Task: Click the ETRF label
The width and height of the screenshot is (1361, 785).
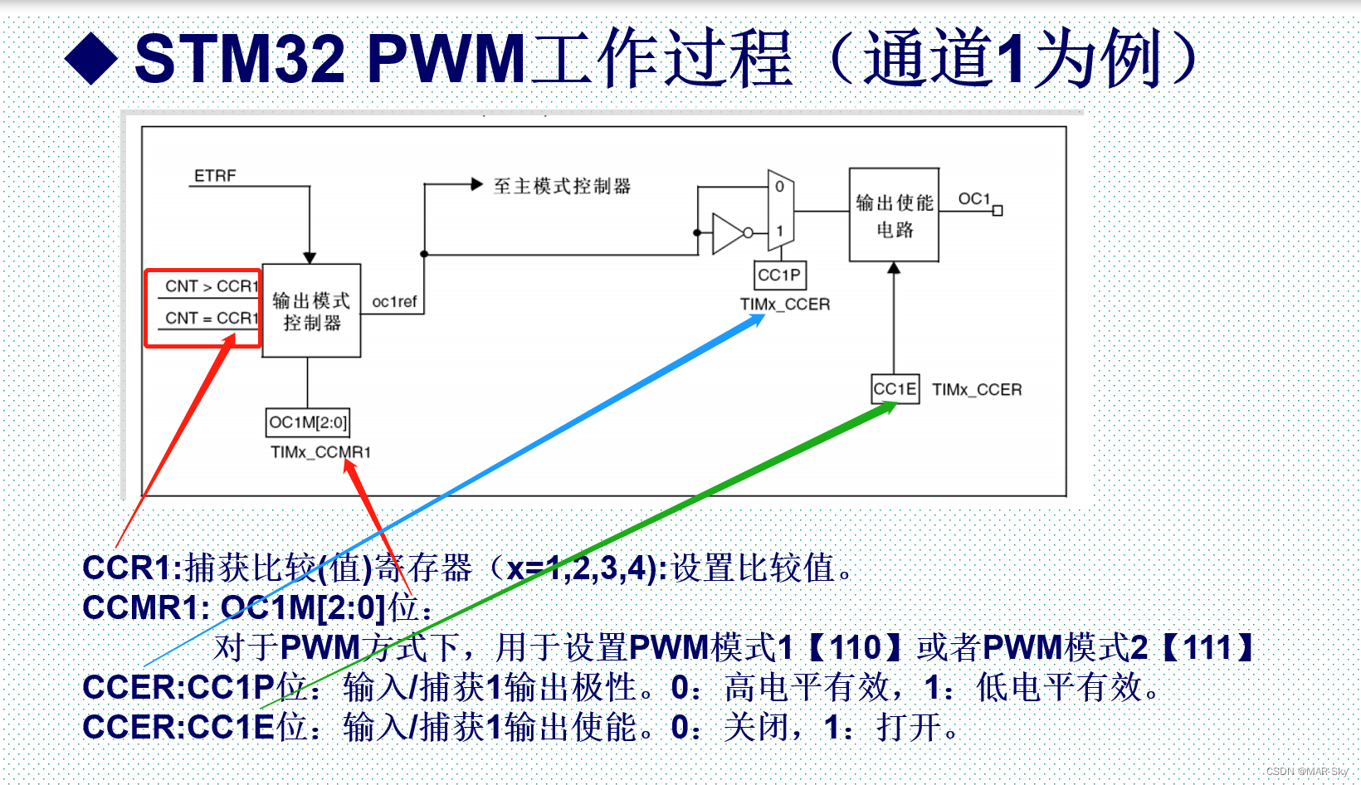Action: coord(215,176)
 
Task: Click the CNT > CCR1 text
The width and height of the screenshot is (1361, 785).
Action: coord(211,286)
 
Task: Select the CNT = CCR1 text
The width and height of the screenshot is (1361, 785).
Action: coord(211,318)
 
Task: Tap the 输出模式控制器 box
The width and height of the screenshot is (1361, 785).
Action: coord(311,311)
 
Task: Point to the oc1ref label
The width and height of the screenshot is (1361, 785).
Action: coord(394,302)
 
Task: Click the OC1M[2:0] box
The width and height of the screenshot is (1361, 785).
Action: coord(308,422)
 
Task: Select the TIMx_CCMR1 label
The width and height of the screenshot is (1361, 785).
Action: coord(320,452)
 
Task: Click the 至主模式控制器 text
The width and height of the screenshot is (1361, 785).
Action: coord(562,186)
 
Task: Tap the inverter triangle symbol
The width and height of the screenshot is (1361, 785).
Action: coord(728,233)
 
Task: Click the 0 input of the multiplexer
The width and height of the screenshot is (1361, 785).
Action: coord(779,188)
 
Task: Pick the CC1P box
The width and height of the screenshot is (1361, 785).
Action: coord(779,275)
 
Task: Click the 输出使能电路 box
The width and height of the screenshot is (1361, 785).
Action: coord(894,215)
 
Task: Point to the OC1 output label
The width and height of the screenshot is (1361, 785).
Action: coord(974,199)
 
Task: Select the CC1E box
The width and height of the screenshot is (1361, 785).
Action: coord(895,389)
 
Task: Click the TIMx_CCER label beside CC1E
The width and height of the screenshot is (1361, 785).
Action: coord(977,390)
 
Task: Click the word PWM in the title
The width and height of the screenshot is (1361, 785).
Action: coord(446,59)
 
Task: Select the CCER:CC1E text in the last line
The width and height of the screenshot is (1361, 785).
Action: coord(178,727)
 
